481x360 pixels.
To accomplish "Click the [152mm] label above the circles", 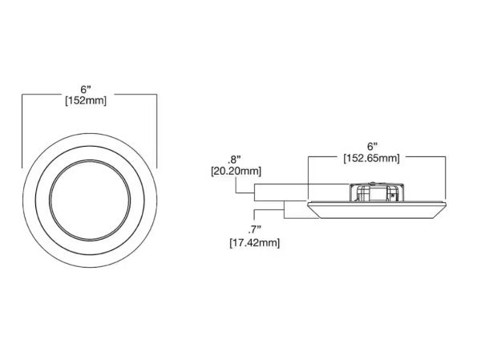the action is point(86,101).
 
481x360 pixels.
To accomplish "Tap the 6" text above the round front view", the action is point(86,89).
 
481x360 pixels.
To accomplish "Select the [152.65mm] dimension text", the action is point(371,159).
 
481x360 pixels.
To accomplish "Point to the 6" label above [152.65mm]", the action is point(372,147).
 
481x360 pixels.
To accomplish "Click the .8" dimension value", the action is point(234,160).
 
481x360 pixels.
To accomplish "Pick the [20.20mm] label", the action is point(236,171).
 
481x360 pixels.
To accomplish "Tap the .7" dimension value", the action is point(254,229).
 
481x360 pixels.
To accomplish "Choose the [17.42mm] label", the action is point(255,243).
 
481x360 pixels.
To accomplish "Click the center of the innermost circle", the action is point(90,200).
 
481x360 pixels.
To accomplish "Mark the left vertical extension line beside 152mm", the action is point(22,131).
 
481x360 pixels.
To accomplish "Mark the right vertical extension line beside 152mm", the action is point(157,131).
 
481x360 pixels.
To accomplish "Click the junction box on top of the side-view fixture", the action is point(377,192).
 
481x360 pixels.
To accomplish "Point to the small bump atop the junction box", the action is point(373,183).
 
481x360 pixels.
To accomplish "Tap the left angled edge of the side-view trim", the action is point(313,211).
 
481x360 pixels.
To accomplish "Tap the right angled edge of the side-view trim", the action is point(439,211).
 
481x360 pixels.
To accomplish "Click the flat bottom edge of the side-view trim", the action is point(377,218).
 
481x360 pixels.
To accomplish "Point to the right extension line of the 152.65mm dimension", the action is point(445,177).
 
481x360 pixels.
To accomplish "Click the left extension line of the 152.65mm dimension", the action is point(308,177).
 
